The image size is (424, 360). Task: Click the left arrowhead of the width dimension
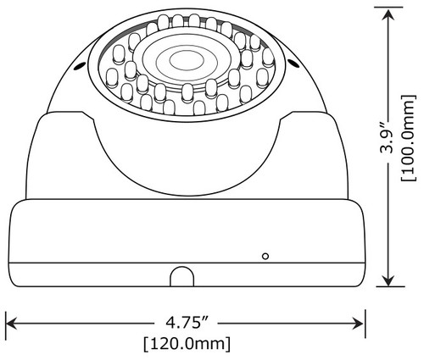coord(13,323)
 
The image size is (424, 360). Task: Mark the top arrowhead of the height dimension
coord(388,13)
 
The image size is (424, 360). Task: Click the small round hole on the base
coord(265,255)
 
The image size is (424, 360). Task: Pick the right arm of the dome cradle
coord(318,157)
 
